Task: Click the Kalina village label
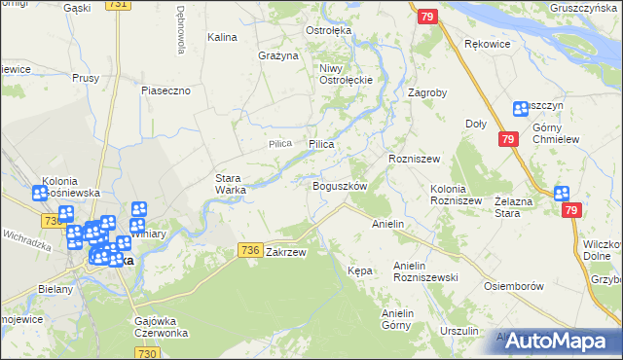[x=223, y=37]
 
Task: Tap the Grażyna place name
[x=277, y=55]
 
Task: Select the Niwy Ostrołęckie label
[x=341, y=74]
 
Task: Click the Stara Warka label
[x=231, y=183]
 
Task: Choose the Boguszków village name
[x=339, y=185]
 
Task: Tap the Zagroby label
[x=427, y=93]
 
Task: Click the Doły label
[x=476, y=124]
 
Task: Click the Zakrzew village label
[x=285, y=252]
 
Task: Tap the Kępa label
[x=359, y=270]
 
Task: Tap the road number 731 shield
[x=118, y=5]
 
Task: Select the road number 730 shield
[x=147, y=353]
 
